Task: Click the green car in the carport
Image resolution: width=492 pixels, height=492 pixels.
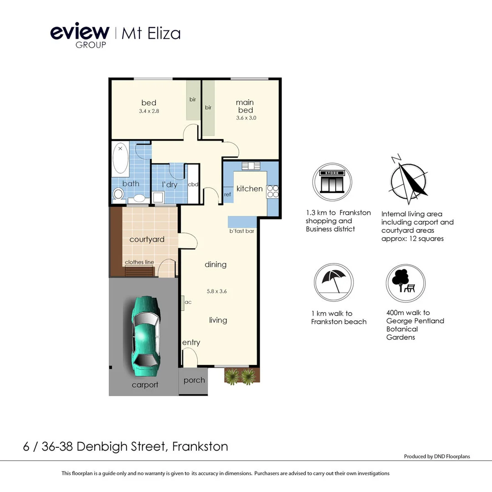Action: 145,332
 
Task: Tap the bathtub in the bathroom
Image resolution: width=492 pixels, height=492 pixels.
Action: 120,159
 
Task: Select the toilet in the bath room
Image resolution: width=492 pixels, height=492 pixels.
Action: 118,195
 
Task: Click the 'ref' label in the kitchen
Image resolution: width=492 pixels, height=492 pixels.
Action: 227,195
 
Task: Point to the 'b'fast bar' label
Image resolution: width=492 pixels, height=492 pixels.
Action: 241,231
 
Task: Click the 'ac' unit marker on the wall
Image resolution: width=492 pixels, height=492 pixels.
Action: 187,302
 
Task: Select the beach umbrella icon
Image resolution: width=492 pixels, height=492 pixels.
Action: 334,282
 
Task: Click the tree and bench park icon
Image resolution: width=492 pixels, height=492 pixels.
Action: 405,283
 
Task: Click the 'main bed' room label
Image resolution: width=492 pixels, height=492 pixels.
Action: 245,106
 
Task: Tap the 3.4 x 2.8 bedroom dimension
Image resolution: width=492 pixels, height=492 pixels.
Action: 149,111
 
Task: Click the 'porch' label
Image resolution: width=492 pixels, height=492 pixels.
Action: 194,380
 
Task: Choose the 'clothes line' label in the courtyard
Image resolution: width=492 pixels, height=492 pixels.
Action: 139,262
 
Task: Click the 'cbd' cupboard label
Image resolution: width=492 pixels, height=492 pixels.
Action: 193,184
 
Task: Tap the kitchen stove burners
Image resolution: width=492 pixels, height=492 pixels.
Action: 272,191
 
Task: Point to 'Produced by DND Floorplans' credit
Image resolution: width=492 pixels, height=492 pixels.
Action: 436,456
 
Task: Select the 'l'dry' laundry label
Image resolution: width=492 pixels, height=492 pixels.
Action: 169,185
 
